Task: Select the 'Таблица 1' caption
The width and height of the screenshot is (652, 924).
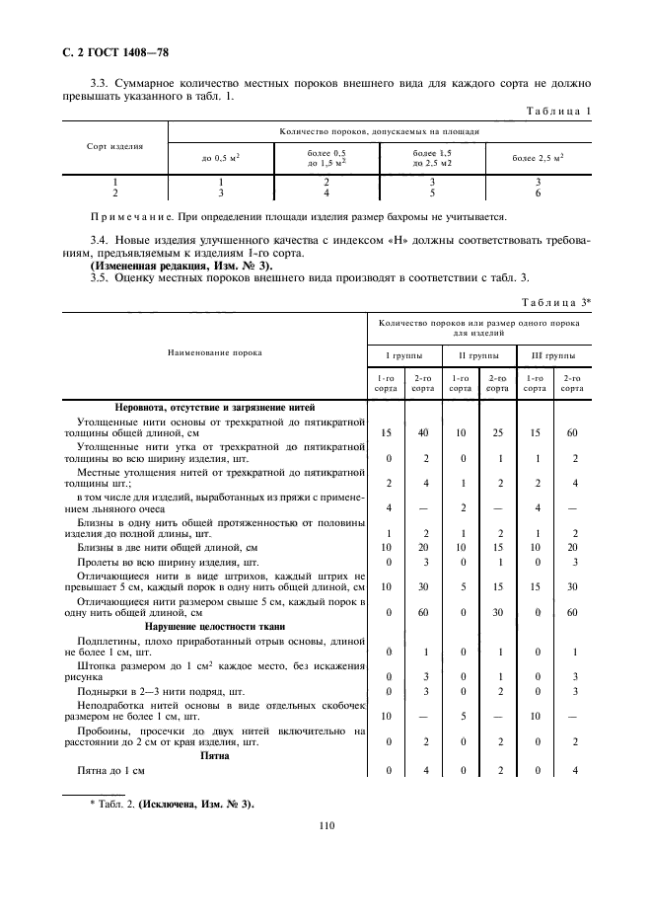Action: tap(557, 112)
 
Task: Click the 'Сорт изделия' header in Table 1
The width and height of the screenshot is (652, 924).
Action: tap(114, 146)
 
